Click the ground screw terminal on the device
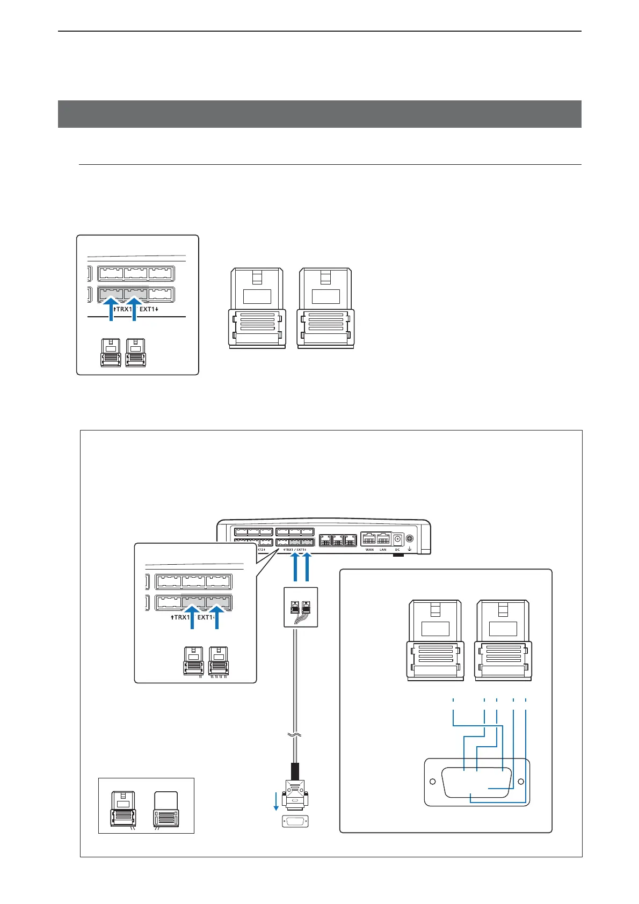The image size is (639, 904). pos(410,539)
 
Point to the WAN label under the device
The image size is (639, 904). pos(369,550)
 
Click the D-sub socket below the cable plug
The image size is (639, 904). pos(295,821)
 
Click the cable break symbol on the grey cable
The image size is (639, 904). pos(295,735)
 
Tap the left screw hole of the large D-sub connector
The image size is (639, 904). pos(433,782)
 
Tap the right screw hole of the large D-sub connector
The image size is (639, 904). pos(520,782)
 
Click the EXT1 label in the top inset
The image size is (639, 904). pos(149,309)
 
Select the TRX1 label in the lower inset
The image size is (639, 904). pos(181,617)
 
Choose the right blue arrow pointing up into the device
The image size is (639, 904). pos(307,567)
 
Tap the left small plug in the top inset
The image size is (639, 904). pos(111,353)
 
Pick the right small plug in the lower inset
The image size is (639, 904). pos(219,661)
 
